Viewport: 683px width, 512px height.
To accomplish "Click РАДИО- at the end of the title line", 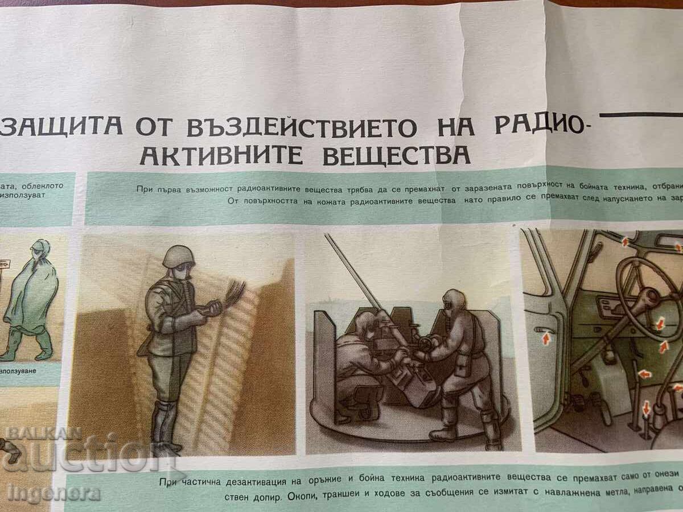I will [x=538, y=126].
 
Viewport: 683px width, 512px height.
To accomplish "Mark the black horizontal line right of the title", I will [x=640, y=114].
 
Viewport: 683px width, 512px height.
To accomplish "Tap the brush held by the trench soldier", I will [x=233, y=292].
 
